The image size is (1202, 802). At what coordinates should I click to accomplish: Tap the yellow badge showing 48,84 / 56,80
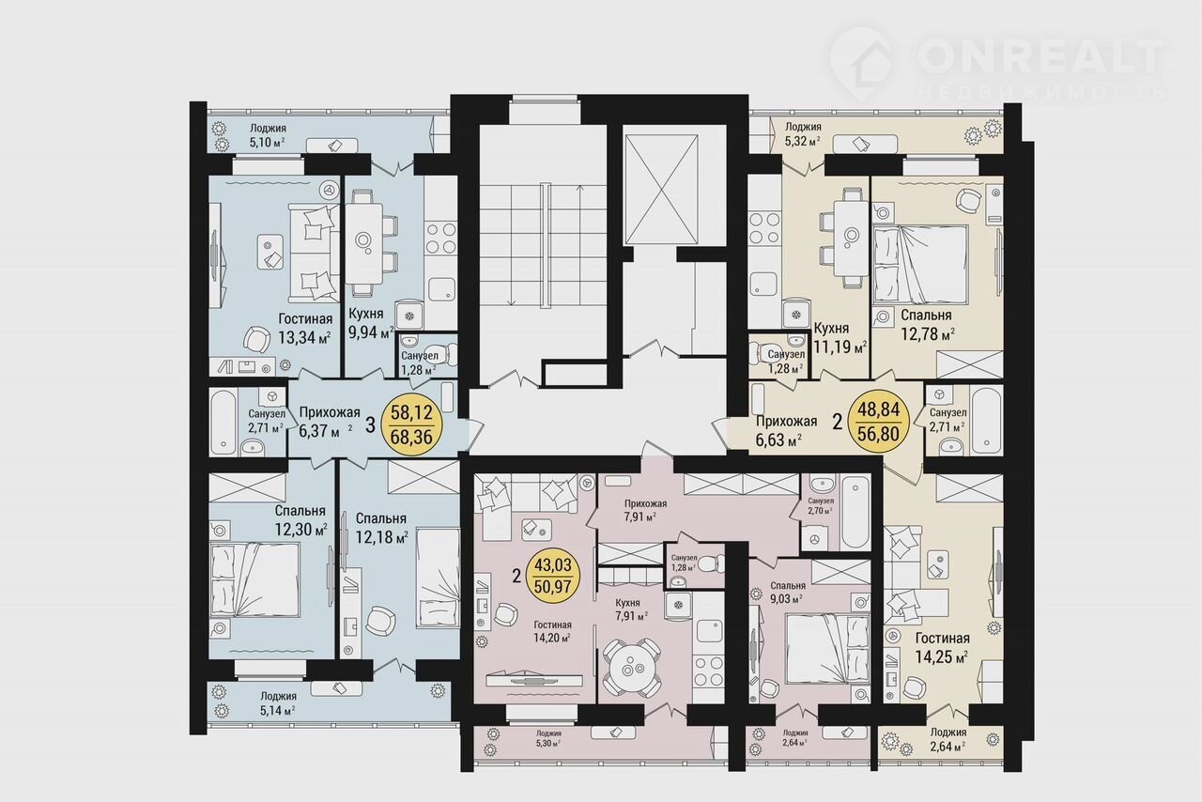878,421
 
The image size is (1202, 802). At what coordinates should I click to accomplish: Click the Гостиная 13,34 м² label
305,328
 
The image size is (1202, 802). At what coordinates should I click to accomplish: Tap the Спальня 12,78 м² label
927,325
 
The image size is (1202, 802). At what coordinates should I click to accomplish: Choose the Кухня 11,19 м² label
840,338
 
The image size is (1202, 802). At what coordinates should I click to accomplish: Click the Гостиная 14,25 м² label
942,647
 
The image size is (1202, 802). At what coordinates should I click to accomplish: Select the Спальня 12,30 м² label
301,519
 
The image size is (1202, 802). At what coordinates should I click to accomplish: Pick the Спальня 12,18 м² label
381,528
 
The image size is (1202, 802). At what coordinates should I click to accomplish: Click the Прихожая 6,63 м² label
786,431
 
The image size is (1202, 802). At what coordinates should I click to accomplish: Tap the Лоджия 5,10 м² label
268,135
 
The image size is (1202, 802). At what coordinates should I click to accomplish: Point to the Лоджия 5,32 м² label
803,134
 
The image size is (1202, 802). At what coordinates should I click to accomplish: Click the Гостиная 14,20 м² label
552,631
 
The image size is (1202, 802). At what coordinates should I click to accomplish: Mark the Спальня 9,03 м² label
788,592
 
